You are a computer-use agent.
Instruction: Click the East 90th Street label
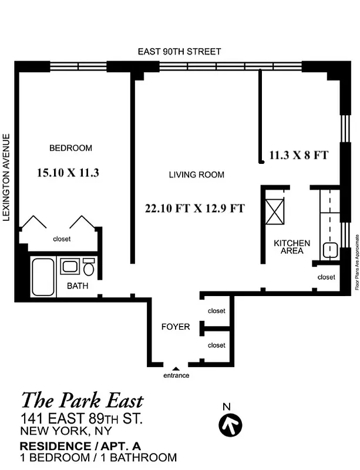(x=179, y=52)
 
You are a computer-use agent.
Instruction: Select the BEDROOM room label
(x=70, y=148)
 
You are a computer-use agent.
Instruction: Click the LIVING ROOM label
(x=196, y=174)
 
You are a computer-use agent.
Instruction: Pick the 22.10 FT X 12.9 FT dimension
(x=194, y=208)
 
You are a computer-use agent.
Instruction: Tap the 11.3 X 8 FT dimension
(x=298, y=156)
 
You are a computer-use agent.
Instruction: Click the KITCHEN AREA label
(x=292, y=247)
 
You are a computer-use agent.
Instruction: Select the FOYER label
(x=176, y=327)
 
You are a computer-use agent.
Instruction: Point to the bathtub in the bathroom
(x=43, y=277)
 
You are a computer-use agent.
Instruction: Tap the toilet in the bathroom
(x=89, y=268)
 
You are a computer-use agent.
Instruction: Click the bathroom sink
(x=70, y=267)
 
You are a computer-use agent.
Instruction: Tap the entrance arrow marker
(x=175, y=368)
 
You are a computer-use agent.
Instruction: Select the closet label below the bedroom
(x=62, y=239)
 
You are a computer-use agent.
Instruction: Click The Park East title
(x=82, y=401)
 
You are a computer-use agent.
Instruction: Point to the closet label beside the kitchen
(x=327, y=277)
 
